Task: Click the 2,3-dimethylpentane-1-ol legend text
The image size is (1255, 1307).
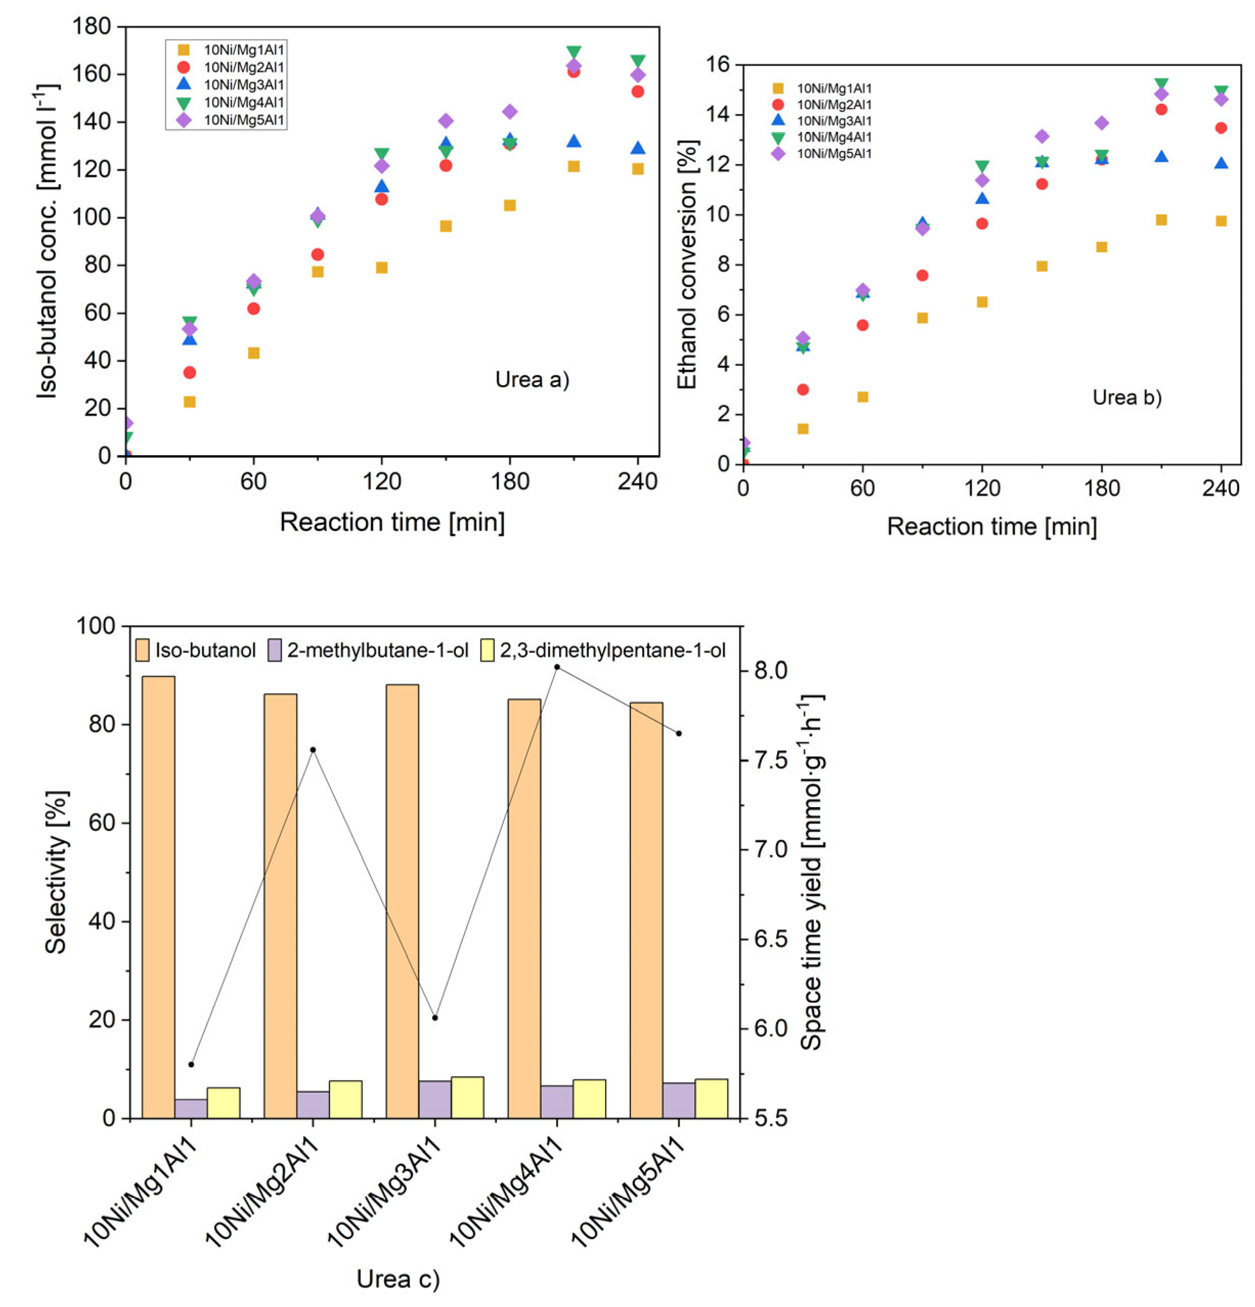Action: coord(612,650)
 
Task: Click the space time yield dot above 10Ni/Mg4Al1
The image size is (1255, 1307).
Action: coord(557,667)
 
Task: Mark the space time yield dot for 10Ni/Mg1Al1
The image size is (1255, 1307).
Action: coord(191,1064)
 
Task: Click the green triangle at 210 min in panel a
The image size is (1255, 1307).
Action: coord(574,52)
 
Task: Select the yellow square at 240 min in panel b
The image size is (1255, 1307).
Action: coord(1221,220)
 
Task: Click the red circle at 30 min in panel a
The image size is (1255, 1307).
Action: coord(189,372)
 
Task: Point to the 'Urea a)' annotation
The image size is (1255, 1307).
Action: coord(532,380)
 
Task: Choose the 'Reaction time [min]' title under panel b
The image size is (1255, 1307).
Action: coord(992,526)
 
